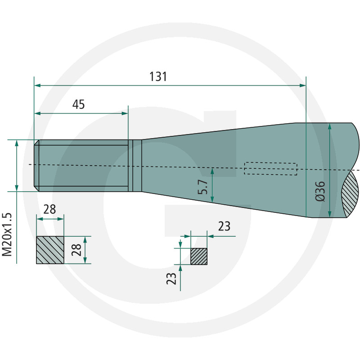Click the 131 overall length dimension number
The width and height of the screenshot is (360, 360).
coord(158,76)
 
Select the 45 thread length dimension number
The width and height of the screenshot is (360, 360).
coord(78,104)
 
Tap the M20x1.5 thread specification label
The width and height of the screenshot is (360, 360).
coord(7,234)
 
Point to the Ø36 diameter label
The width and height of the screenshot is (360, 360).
coord(320,191)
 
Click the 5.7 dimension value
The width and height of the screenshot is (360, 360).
coord(203,187)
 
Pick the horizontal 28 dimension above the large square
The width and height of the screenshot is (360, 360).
coord(49,209)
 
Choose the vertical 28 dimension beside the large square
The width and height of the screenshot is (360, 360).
coord(76,250)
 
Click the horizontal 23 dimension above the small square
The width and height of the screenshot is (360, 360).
coord(224,226)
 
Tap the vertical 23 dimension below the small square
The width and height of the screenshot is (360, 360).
coord(171,279)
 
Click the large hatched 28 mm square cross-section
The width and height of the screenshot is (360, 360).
coord(50,250)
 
